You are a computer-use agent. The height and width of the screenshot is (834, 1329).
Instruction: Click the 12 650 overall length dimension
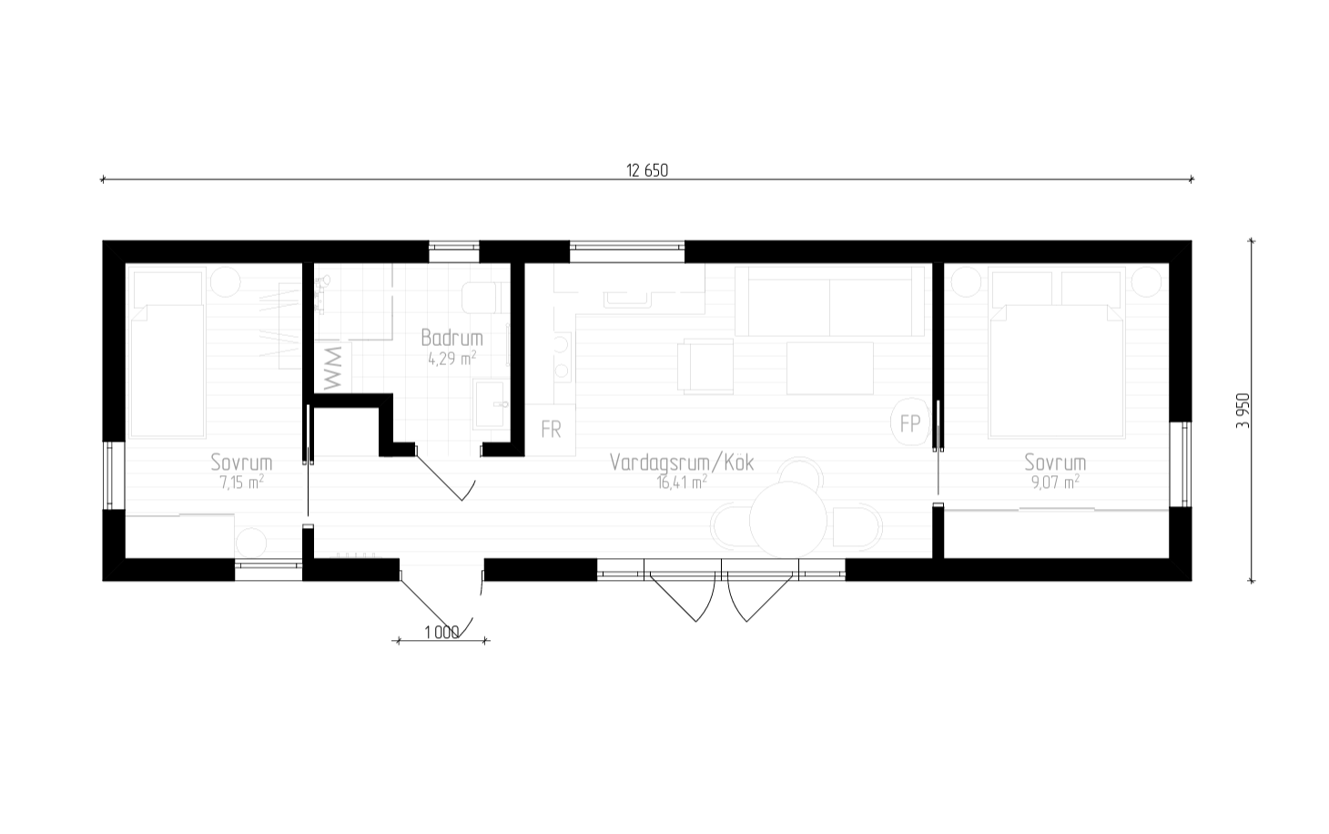point(647,171)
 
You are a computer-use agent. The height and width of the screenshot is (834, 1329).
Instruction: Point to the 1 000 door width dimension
point(442,633)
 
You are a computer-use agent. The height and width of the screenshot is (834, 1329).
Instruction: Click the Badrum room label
point(452,338)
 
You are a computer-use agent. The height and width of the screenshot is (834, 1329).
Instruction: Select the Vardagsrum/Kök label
point(682,463)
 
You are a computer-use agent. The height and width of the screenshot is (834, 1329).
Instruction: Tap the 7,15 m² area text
point(242,482)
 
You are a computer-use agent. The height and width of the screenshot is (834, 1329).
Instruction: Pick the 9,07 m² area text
point(1055,482)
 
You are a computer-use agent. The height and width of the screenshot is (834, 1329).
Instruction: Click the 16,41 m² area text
point(682,482)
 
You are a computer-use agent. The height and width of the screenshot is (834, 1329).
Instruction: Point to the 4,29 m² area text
point(452,358)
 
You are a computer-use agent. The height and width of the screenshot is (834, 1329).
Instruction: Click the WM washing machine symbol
point(333,368)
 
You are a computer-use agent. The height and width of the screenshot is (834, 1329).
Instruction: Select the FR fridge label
point(551,429)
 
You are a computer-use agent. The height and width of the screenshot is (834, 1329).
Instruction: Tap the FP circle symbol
point(909,422)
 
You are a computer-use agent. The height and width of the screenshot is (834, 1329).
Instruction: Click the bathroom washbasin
point(490,405)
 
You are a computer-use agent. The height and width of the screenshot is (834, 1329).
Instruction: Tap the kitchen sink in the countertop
point(626,300)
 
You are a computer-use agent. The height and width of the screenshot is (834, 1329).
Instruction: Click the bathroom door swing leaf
point(439,478)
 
